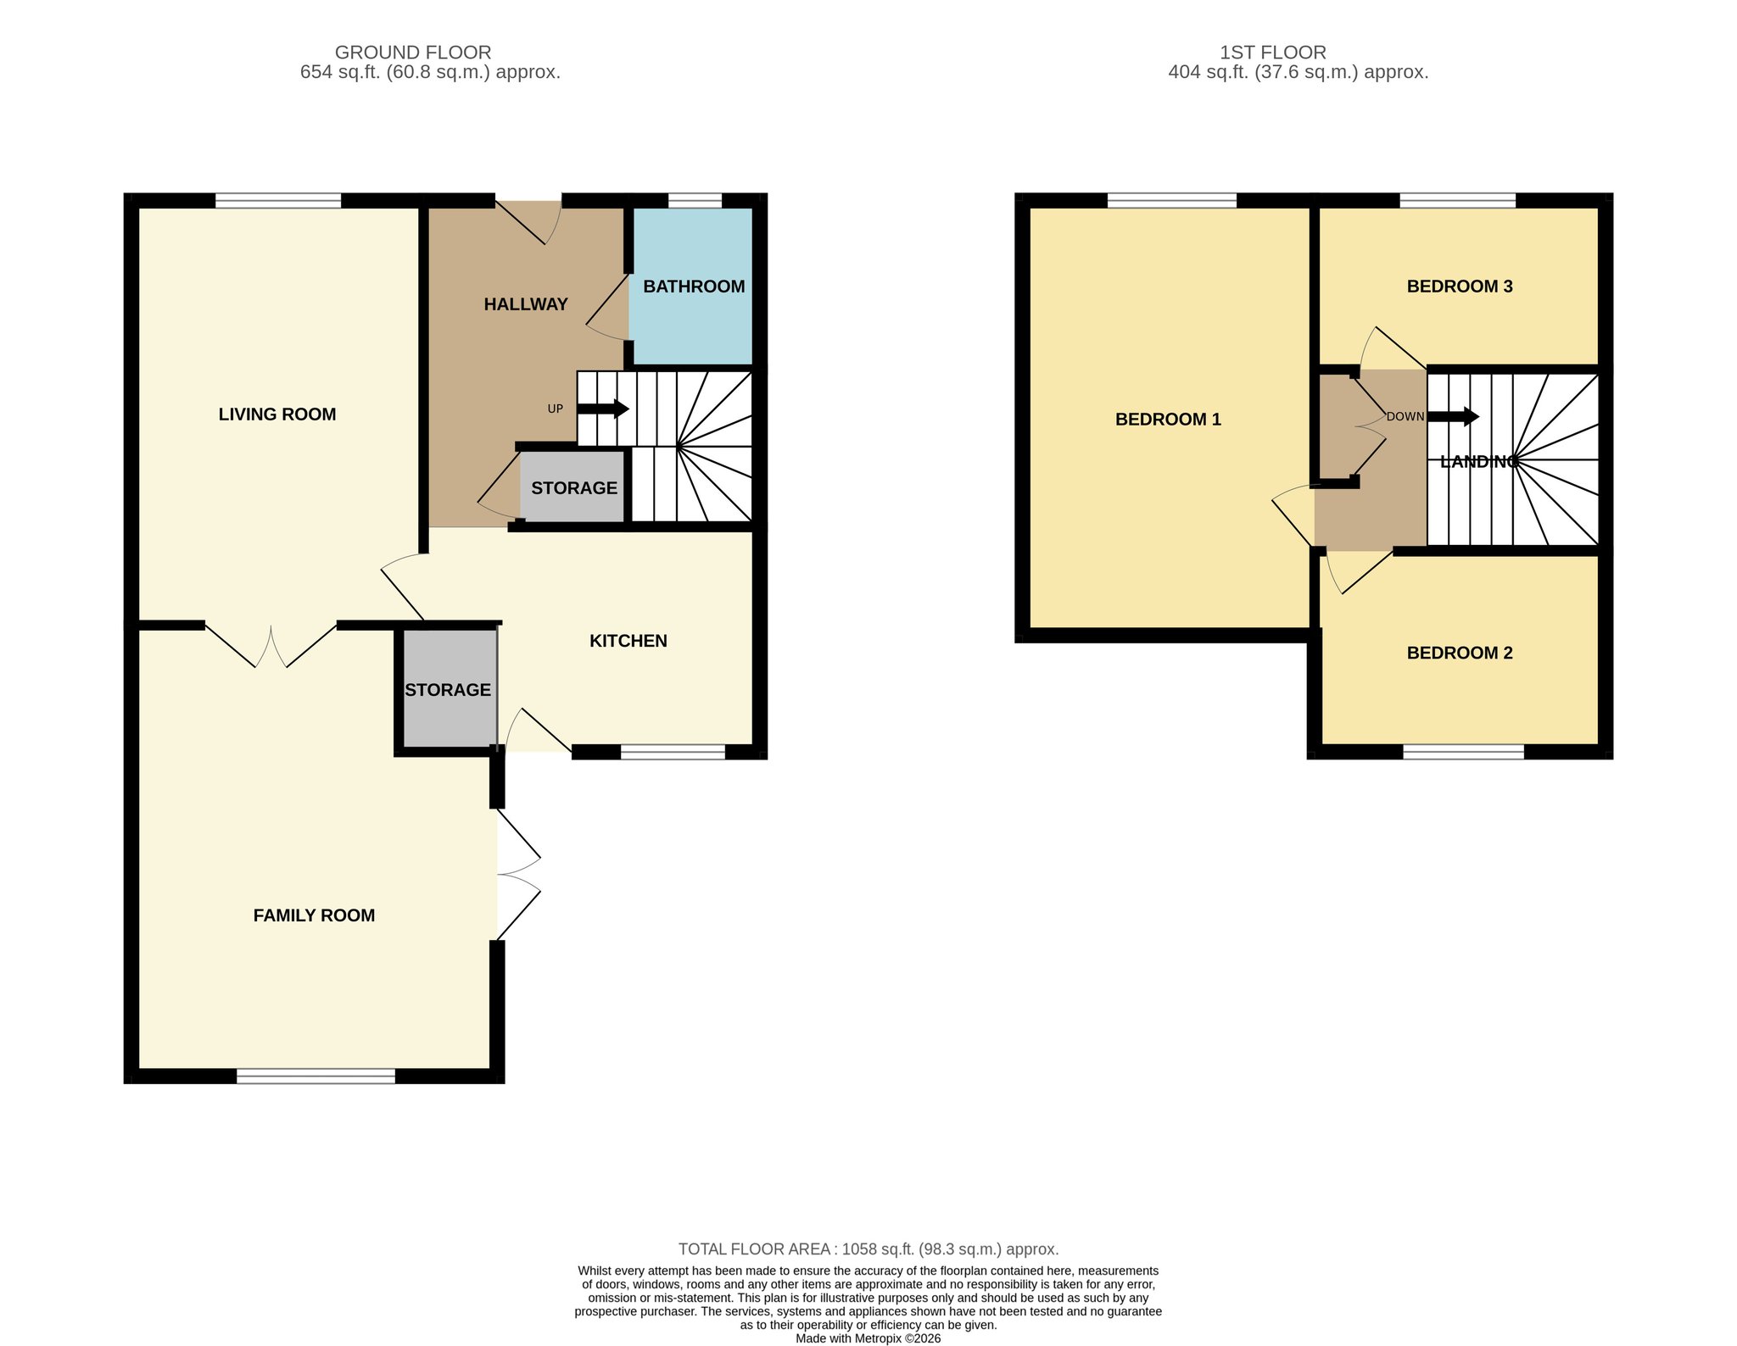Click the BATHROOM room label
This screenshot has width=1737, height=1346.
click(694, 286)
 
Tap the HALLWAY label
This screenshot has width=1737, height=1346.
click(526, 304)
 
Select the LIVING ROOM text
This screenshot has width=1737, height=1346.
click(277, 414)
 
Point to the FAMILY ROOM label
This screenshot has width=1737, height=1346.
click(314, 915)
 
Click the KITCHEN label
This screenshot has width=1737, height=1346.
click(628, 641)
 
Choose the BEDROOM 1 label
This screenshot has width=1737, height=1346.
click(1168, 420)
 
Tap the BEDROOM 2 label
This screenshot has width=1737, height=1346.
click(1460, 653)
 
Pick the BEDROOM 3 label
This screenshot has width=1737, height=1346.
click(1460, 286)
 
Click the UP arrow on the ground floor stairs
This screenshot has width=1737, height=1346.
click(603, 409)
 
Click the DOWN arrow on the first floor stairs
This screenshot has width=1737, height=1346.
click(1454, 417)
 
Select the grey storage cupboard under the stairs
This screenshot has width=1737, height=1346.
click(573, 487)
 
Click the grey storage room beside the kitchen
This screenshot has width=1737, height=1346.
click(449, 689)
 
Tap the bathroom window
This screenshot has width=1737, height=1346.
click(695, 201)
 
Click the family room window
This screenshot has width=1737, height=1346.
click(316, 1076)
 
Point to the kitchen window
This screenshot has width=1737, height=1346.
click(673, 752)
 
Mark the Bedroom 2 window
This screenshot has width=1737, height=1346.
click(1463, 752)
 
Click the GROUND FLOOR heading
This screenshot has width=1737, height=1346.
click(413, 53)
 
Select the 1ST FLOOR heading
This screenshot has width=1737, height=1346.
click(1273, 53)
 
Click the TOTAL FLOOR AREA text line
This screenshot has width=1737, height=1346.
click(868, 1249)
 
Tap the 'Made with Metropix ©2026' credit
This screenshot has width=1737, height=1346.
click(868, 1339)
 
